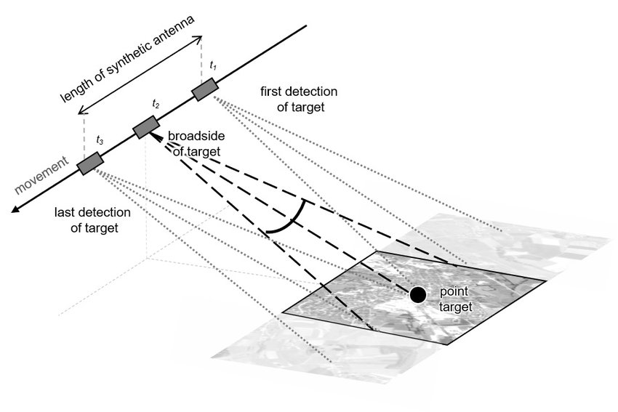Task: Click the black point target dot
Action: coord(417,294)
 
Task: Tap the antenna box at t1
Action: coord(205,90)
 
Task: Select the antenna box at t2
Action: coord(146,128)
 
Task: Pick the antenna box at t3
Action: coord(90,163)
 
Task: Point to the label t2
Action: coord(156,105)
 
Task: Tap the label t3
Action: coord(100,138)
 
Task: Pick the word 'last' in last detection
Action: coord(67,213)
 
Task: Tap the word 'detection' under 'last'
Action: coord(106,213)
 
